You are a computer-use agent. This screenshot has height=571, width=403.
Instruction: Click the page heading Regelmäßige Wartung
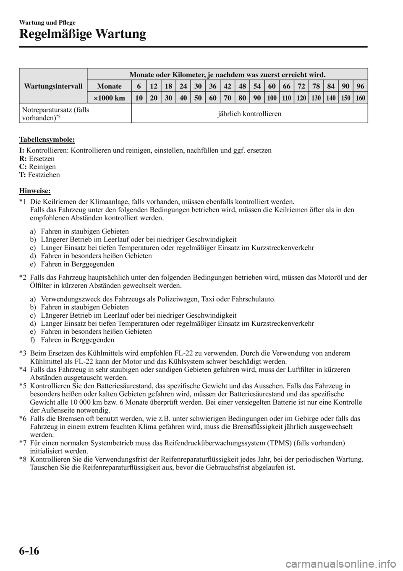pyautogui.click(x=82, y=33)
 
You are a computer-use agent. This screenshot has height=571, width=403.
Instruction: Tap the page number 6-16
pyautogui.click(x=29, y=550)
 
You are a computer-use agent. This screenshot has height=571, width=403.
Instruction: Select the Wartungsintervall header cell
pyautogui.click(x=53, y=86)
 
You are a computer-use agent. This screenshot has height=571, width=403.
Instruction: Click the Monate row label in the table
pyautogui.click(x=109, y=86)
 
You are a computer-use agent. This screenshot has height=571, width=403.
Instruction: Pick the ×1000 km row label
pyautogui.click(x=109, y=98)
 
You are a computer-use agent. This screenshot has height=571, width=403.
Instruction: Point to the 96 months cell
pyautogui.click(x=361, y=86)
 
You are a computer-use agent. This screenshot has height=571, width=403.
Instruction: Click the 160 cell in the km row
pyautogui.click(x=361, y=98)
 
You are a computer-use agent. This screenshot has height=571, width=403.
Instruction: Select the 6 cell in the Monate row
pyautogui.click(x=139, y=86)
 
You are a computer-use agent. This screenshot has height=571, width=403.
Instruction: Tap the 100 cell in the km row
pyautogui.click(x=272, y=98)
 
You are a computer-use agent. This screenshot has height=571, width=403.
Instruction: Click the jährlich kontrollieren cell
pyautogui.click(x=249, y=114)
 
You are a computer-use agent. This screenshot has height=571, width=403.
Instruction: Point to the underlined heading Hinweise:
pyautogui.click(x=35, y=191)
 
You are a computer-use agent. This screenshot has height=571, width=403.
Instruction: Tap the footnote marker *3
pyautogui.click(x=24, y=353)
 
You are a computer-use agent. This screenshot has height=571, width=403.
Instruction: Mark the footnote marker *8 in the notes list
pyautogui.click(x=24, y=459)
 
